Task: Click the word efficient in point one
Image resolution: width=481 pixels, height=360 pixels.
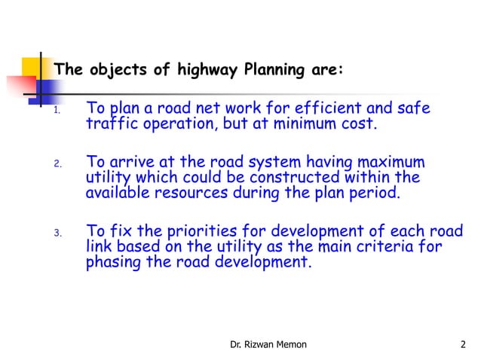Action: pos(320,110)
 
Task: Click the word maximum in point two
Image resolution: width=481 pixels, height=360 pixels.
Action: pos(388,163)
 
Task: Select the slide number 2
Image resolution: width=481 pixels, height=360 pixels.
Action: pos(462,345)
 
